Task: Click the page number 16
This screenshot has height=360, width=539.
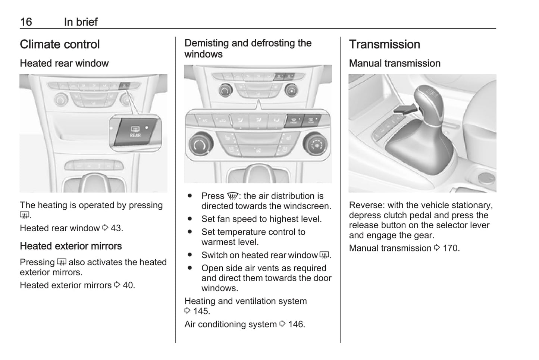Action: [x=26, y=22]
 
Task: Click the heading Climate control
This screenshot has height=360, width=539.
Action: [x=60, y=44]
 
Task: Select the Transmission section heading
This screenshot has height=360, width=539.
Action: [x=384, y=44]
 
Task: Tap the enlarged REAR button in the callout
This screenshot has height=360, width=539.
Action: [x=135, y=132]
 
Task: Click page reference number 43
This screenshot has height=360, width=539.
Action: [x=116, y=228]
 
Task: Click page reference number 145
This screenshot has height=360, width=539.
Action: [x=201, y=311]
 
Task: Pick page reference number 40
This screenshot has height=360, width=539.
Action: [x=128, y=285]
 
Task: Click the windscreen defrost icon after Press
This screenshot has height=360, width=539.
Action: [x=232, y=196]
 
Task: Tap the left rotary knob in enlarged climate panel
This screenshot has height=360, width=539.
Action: [x=201, y=144]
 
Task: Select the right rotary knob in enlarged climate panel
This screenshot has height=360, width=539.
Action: [x=316, y=144]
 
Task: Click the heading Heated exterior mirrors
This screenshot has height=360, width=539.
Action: [x=71, y=246]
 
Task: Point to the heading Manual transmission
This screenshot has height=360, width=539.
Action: [x=395, y=63]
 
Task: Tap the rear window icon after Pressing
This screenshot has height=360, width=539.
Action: [x=62, y=262]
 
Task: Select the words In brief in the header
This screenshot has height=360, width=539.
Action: [x=81, y=22]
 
